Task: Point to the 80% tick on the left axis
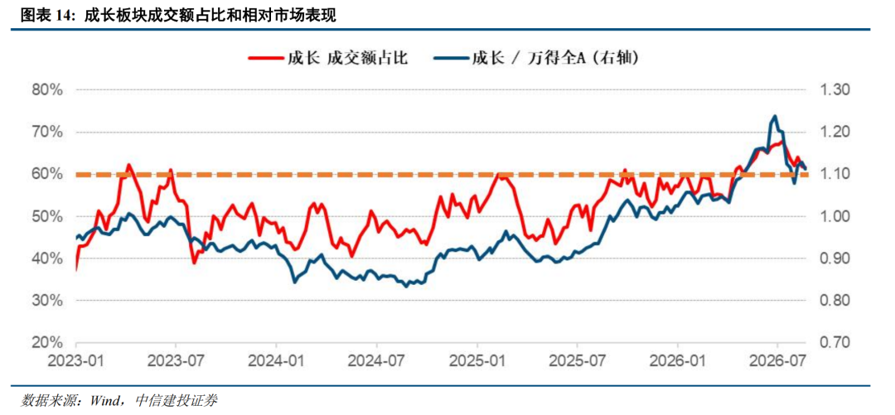point(45,89)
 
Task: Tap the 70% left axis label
point(45,132)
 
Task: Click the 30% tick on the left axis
point(45,301)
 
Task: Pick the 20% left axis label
point(45,342)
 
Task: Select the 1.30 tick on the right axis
point(835,89)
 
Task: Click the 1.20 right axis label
point(835,132)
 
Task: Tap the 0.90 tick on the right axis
point(835,258)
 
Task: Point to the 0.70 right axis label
point(835,342)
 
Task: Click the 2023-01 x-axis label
point(76,362)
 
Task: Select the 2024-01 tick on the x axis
point(276,362)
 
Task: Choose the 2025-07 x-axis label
point(577,362)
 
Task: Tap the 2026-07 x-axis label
point(777,362)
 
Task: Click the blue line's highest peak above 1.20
point(775,116)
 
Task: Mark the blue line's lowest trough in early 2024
point(294,282)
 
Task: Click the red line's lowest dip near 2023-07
point(194,263)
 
